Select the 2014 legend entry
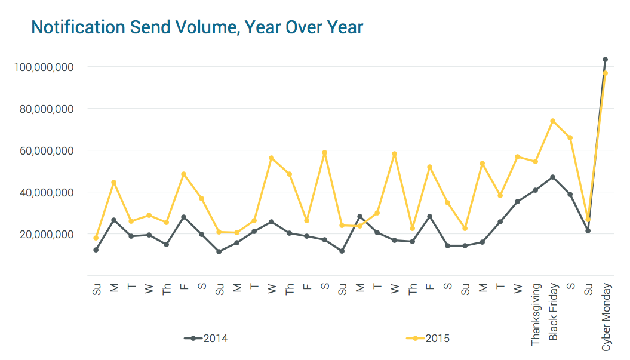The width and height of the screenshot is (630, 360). pyautogui.click(x=206, y=339)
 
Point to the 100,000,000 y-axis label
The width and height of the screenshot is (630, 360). pyautogui.click(x=44, y=67)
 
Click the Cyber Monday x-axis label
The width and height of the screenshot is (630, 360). pyautogui.click(x=606, y=316)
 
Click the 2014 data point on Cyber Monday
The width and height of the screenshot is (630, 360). pyautogui.click(x=605, y=60)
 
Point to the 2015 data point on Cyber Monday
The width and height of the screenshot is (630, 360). pyautogui.click(x=605, y=73)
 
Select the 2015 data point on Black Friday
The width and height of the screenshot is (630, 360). pyautogui.click(x=553, y=121)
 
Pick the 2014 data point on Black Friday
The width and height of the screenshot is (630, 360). pyautogui.click(x=553, y=177)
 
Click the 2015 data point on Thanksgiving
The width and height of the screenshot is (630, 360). pyautogui.click(x=535, y=161)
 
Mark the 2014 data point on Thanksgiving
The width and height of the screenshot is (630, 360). pyautogui.click(x=535, y=190)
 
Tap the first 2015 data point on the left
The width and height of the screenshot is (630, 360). pyautogui.click(x=96, y=238)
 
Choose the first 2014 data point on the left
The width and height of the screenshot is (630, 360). pyautogui.click(x=96, y=250)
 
